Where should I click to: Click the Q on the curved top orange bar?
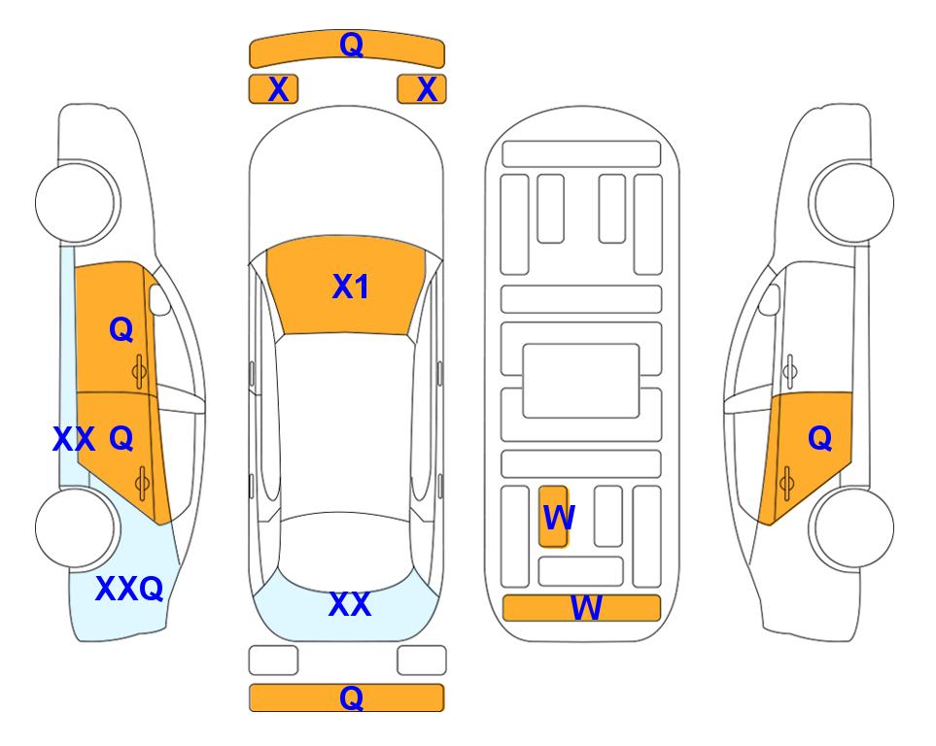point(351,45)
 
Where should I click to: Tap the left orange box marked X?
point(273,89)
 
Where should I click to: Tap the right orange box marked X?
point(422,89)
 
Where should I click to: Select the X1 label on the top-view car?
point(351,287)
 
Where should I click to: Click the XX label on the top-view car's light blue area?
point(350,604)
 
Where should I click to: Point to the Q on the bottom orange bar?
point(351,697)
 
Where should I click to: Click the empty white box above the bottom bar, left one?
point(273,661)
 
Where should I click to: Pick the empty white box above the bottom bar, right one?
point(422,661)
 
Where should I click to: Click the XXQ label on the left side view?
point(129,589)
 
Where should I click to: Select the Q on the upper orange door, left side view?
point(121,329)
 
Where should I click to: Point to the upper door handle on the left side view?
point(140,371)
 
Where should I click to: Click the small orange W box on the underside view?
point(553,516)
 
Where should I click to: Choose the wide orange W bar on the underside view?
point(582,608)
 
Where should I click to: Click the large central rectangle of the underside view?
point(581,381)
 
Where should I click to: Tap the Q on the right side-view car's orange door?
point(819,439)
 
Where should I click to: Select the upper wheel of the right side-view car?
point(851,202)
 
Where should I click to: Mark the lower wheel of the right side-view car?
point(851,527)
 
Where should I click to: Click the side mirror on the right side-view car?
point(770,300)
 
